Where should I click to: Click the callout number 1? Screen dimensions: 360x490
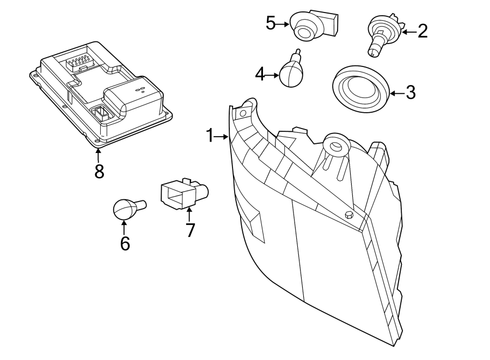click(x=210, y=136)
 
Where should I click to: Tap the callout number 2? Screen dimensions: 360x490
click(x=422, y=31)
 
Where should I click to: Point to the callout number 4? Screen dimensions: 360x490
click(x=260, y=74)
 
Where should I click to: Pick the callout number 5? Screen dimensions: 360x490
click(x=271, y=23)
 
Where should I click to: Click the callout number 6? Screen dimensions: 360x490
click(x=125, y=243)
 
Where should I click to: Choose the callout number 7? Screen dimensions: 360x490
click(x=189, y=230)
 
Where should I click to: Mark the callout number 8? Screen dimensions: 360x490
click(x=99, y=171)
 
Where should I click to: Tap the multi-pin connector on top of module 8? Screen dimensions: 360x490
click(x=79, y=62)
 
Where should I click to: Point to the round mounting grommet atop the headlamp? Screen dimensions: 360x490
click(x=334, y=145)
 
